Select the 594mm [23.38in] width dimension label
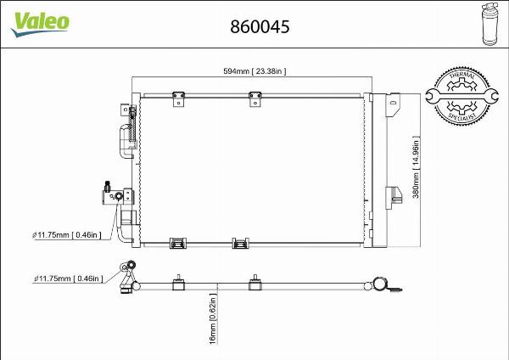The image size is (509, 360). coord(249,72)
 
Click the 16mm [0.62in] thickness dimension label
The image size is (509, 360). coord(215,320)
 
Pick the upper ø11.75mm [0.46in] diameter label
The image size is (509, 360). coord(67,234)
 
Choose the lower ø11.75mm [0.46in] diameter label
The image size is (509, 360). coord(67,278)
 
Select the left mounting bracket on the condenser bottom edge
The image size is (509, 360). coord(178,244)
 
